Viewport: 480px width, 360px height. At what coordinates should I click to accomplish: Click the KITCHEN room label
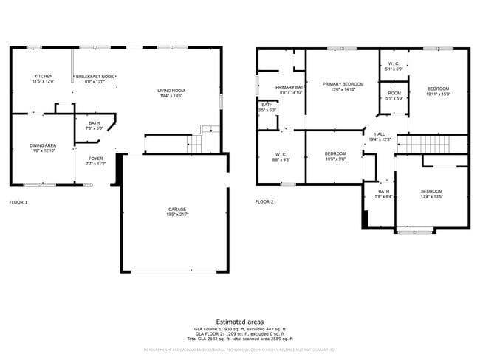coord(43,77)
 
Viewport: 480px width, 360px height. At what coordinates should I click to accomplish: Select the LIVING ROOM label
coord(171,91)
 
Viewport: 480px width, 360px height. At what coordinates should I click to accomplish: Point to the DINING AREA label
coord(43,145)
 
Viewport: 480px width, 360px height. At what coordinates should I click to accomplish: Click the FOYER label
coord(96,158)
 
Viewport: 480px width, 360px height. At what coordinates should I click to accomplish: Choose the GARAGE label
coord(176,210)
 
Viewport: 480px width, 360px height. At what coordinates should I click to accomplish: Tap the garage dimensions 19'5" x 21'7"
coord(176,215)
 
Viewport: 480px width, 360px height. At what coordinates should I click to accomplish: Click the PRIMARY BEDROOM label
coord(343,84)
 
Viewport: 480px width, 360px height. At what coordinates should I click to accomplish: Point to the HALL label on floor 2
coord(379,134)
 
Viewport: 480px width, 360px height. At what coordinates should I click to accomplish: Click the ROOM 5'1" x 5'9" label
coord(394,93)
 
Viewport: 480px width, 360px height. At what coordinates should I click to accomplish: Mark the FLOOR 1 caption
coord(18,202)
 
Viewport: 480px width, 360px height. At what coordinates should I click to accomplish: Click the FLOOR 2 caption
coord(264,202)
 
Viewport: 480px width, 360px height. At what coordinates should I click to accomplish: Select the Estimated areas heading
coord(240,322)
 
